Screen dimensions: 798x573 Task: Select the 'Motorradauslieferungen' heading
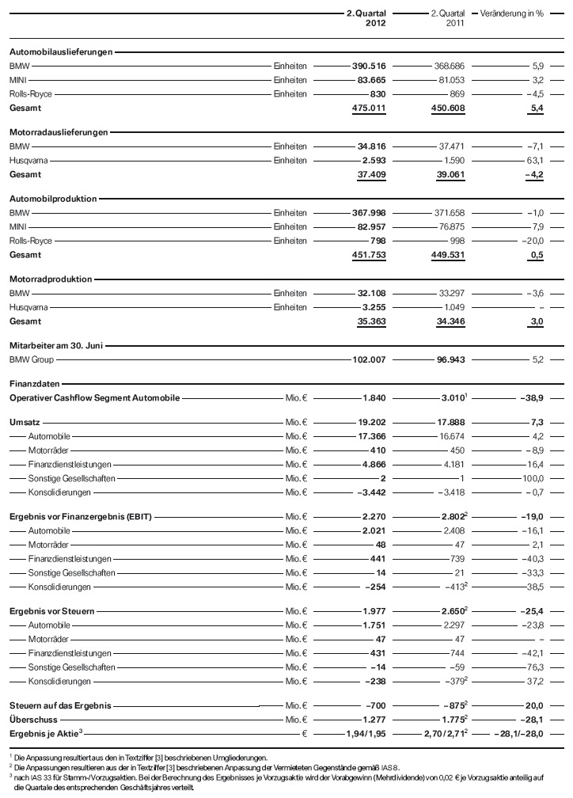coord(59,132)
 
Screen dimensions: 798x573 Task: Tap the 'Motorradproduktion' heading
coord(51,279)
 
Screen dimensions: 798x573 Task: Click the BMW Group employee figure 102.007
coord(369,359)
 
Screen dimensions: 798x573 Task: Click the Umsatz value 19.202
coord(370,423)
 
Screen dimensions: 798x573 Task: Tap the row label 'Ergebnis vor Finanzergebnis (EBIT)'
coord(80,517)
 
